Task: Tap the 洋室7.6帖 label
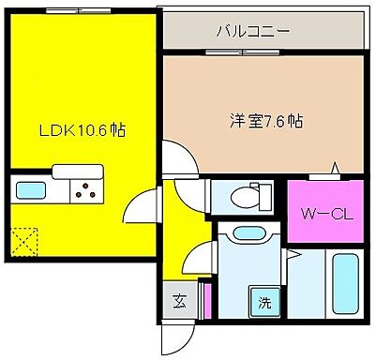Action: coord(265,121)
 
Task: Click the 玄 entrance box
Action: coord(178,302)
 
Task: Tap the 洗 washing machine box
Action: coord(265,303)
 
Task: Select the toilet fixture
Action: coord(247,196)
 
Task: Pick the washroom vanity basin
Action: coord(248,234)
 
